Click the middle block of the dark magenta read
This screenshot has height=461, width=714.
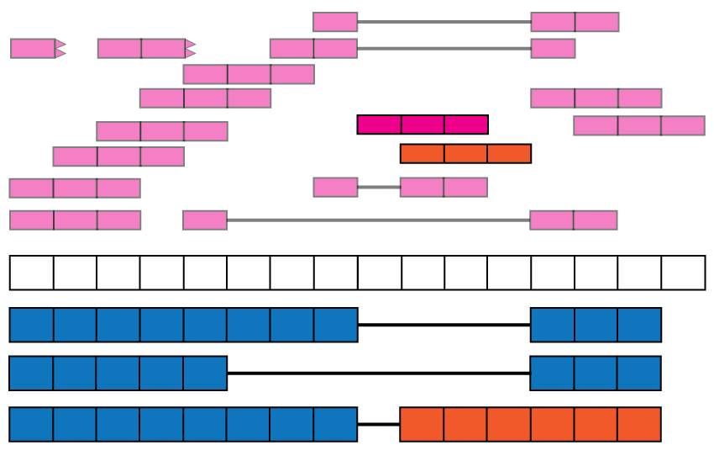coord(423,125)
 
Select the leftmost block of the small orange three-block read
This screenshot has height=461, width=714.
coord(422,154)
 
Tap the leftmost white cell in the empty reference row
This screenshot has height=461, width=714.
coord(31,273)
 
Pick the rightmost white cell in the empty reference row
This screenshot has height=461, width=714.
coord(683,273)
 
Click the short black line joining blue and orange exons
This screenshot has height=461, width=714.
coord(379,425)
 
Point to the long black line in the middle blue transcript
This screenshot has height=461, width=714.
coord(378,373)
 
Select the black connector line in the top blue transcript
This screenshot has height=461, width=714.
coord(444,325)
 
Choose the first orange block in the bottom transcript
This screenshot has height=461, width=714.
coord(422,425)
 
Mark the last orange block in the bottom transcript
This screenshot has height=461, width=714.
coord(639,425)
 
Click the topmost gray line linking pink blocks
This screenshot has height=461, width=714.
coord(444,22)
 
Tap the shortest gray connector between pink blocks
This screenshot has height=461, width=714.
coord(379,187)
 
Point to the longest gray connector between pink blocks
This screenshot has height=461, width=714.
coord(378,220)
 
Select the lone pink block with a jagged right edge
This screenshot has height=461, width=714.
coord(33,49)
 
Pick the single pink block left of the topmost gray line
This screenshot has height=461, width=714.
coord(335,22)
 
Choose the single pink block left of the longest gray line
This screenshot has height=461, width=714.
coord(205,220)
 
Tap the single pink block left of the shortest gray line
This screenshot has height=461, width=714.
coord(335,187)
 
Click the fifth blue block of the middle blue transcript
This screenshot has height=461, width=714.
coord(205,373)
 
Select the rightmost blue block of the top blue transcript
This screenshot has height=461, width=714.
coord(639,325)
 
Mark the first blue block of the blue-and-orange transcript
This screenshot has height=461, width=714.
coord(31,425)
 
